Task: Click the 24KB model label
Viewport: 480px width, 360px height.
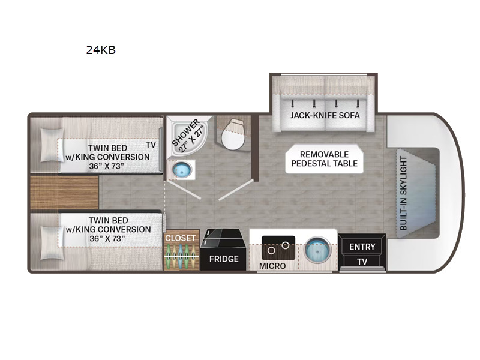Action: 101,50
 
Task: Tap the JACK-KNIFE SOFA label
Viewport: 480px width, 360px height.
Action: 325,115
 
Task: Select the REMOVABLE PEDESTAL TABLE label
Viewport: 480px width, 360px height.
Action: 324,159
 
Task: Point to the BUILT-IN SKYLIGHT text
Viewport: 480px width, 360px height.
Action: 403,193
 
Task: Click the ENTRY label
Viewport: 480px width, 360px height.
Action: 362,247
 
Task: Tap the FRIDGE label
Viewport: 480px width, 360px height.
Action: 224,259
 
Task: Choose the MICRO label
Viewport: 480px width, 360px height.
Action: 272,266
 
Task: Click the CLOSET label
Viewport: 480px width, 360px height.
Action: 181,238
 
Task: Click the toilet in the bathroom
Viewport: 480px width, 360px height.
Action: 233,134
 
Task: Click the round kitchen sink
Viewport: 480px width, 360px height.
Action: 318,249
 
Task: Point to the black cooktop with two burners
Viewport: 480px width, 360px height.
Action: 278,248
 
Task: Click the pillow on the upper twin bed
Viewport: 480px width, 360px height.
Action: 52,145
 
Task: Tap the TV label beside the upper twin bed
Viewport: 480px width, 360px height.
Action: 151,145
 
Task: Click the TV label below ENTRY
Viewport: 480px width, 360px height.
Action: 362,262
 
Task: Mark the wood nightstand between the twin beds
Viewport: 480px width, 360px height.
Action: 64,192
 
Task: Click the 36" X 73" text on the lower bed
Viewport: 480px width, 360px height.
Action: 107,238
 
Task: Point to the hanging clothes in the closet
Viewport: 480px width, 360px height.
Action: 181,256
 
